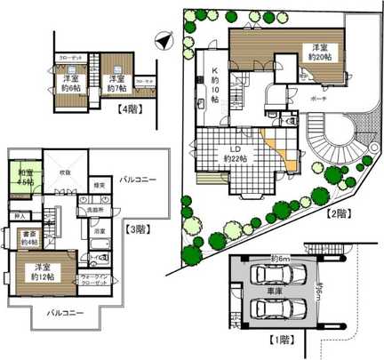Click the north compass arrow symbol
[161, 39]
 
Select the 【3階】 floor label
[139, 227]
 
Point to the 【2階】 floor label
[340, 214]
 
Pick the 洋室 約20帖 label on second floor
[319, 51]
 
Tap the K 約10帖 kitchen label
[213, 85]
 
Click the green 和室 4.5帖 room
[23, 176]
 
